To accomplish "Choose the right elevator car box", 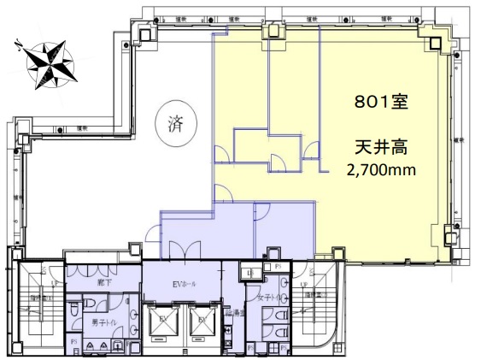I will [202, 326].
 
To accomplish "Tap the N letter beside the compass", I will [18, 47].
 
